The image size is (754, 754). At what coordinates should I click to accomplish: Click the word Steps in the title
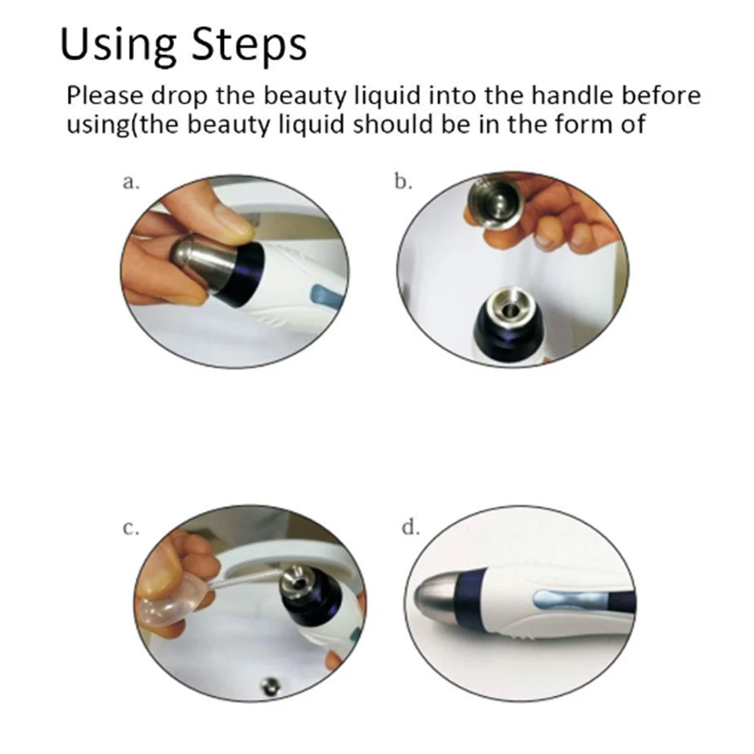click(x=249, y=44)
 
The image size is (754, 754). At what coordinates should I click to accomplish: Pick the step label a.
click(x=130, y=182)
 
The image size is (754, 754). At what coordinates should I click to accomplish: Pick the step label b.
click(x=403, y=181)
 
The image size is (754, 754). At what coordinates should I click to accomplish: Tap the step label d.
click(x=411, y=528)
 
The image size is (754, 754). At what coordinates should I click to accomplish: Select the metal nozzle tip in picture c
click(x=296, y=581)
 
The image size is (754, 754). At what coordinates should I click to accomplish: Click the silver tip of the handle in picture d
click(x=435, y=596)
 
